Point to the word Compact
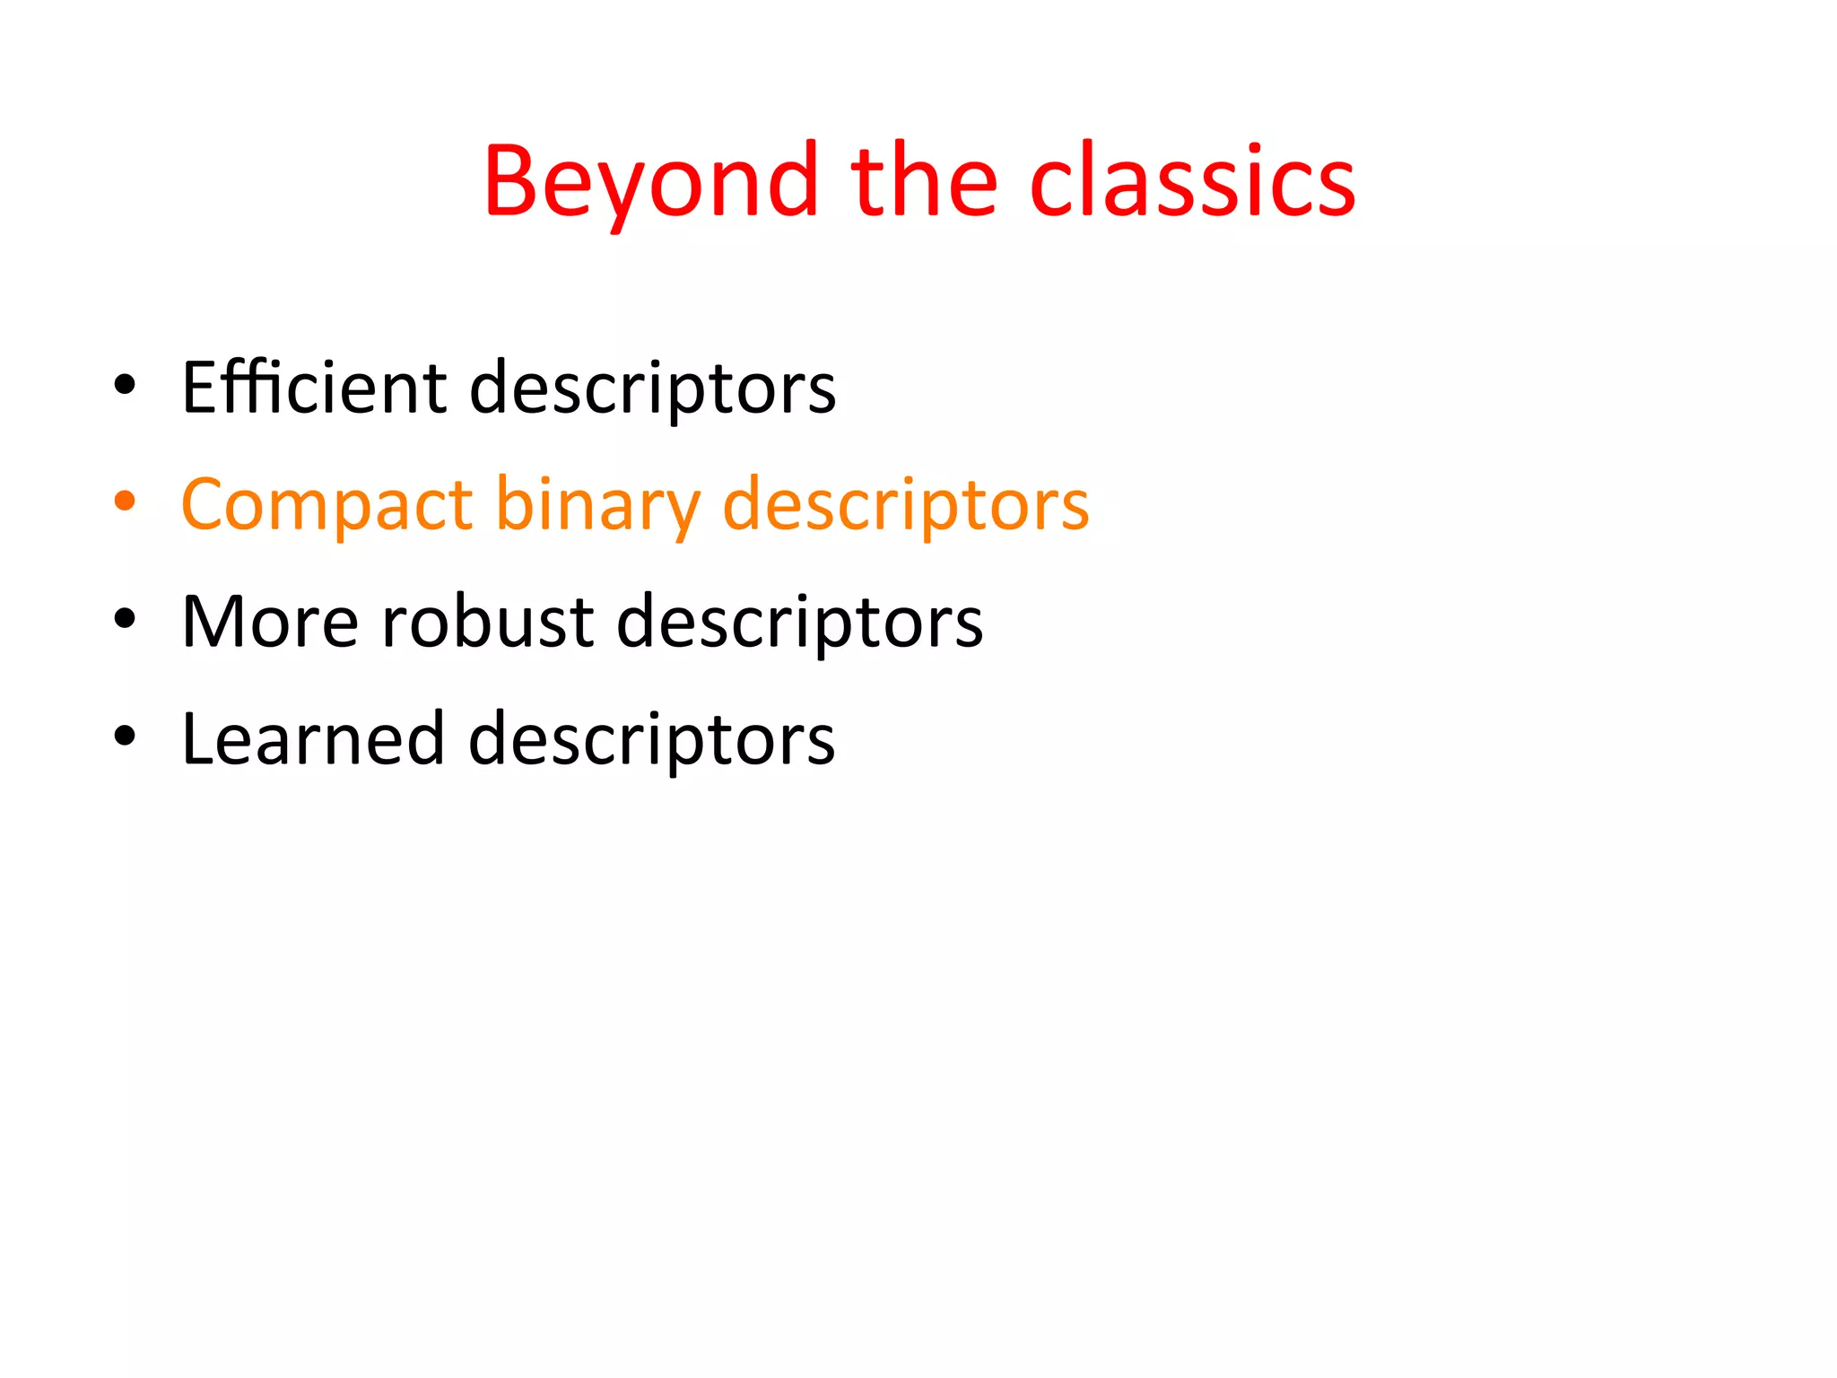pyautogui.click(x=326, y=505)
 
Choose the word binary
pyautogui.click(x=597, y=505)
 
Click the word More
pyautogui.click(x=270, y=622)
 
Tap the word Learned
pyautogui.click(x=313, y=739)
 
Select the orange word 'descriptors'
pyautogui.click(x=906, y=505)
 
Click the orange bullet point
pyautogui.click(x=125, y=501)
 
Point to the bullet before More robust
pyautogui.click(x=125, y=618)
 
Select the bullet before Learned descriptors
pyautogui.click(x=125, y=736)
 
